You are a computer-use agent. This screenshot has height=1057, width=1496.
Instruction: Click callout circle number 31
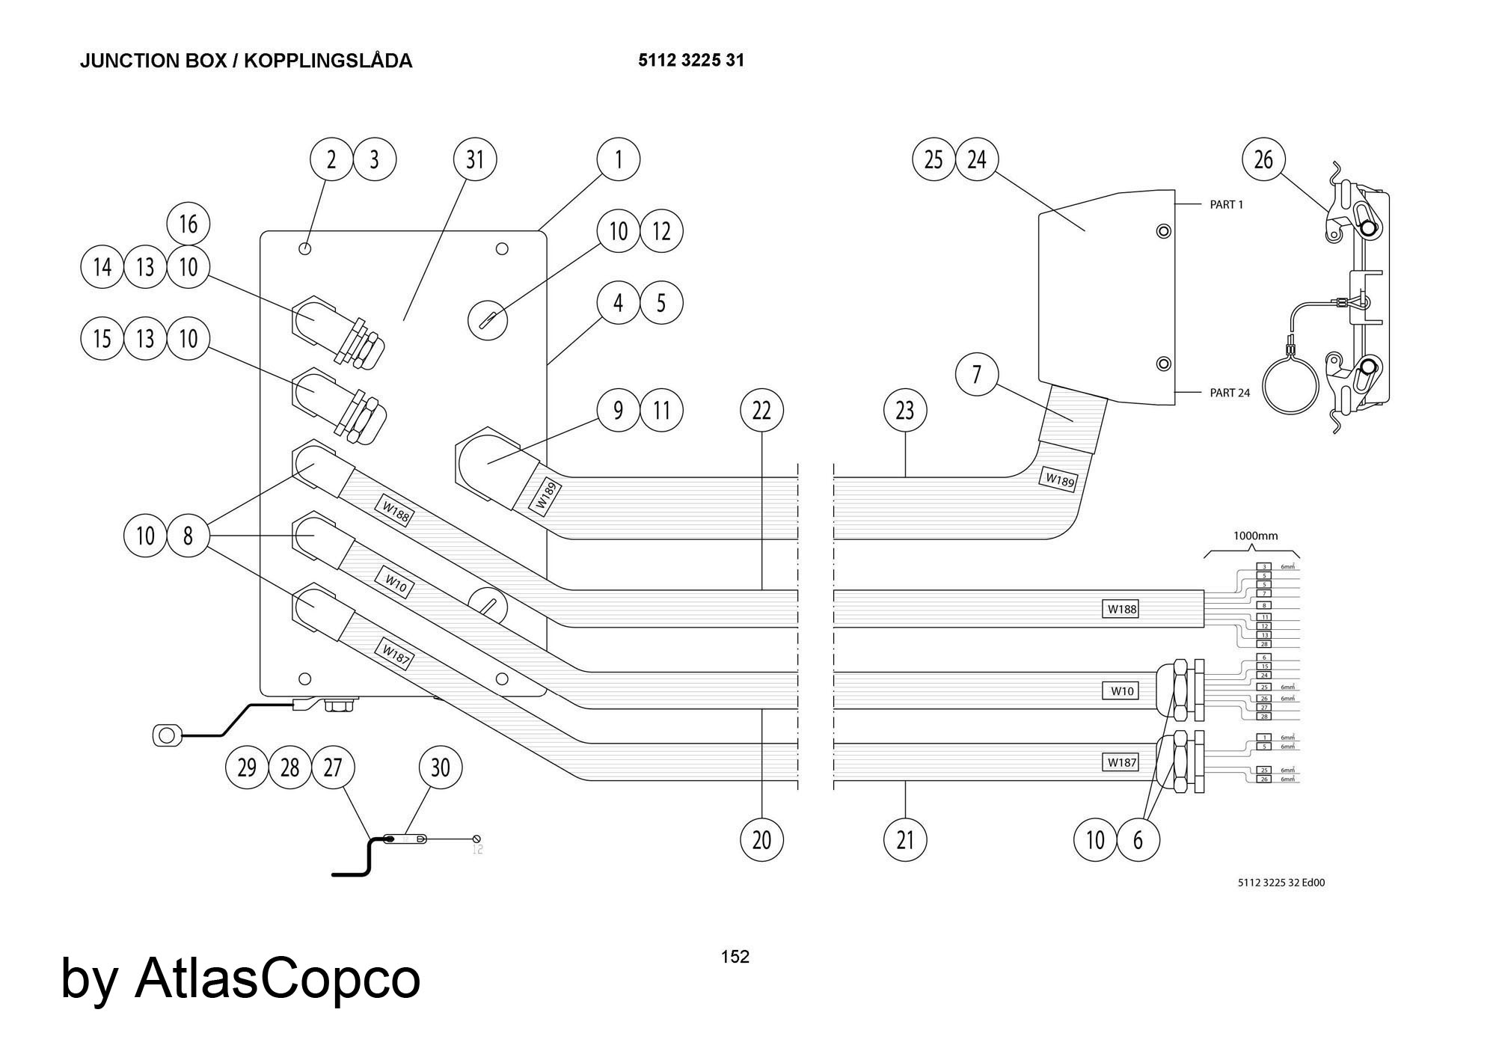click(475, 159)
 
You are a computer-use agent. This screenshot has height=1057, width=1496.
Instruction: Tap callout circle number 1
click(618, 159)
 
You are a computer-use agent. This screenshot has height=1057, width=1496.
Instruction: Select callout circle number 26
click(1263, 159)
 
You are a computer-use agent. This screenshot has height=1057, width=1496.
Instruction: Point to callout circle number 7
click(977, 374)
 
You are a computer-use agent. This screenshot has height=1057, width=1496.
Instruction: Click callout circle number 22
click(761, 410)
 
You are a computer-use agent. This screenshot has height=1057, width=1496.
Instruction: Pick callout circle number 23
click(905, 410)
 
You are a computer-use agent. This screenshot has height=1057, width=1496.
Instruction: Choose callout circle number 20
click(761, 839)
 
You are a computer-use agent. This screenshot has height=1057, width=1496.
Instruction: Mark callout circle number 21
click(905, 839)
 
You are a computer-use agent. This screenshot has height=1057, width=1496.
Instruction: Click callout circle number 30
click(441, 768)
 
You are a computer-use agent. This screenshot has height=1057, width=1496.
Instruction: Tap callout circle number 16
click(188, 224)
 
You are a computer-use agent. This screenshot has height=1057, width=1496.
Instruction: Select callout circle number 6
click(1138, 839)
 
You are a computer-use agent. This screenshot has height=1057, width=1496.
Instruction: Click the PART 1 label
click(1227, 205)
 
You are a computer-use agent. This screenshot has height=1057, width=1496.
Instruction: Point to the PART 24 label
click(1230, 393)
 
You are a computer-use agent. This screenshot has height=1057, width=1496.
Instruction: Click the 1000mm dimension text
click(1255, 536)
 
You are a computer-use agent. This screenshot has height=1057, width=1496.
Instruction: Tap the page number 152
click(735, 956)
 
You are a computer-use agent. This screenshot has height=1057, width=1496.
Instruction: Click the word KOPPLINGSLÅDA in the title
click(328, 61)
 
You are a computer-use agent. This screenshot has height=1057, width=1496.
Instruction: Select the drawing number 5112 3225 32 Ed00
click(1281, 883)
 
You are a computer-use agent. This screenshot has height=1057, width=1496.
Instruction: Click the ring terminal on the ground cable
click(166, 735)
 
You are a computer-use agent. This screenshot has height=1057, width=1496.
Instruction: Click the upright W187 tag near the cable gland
click(1122, 762)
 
